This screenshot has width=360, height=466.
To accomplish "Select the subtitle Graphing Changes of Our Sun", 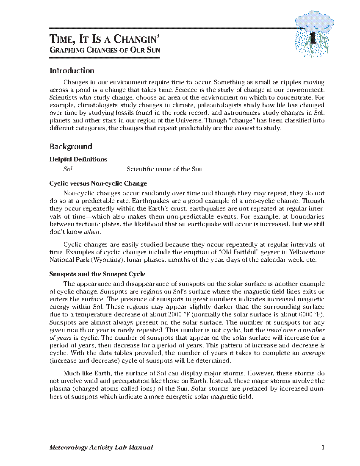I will click(x=105, y=51).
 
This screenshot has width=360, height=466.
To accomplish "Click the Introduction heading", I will click(x=72, y=71).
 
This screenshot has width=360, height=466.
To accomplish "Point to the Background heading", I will click(x=71, y=147).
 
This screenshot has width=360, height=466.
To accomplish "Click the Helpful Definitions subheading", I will click(x=78, y=159).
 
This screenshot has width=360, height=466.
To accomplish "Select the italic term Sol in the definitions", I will click(x=68, y=169).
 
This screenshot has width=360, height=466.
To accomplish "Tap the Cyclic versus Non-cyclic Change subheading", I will click(x=98, y=183).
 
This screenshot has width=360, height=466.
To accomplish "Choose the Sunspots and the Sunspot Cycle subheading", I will click(x=97, y=274).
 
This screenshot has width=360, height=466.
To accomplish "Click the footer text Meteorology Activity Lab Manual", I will click(x=101, y=447).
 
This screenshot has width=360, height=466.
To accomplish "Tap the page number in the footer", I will click(x=323, y=447).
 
